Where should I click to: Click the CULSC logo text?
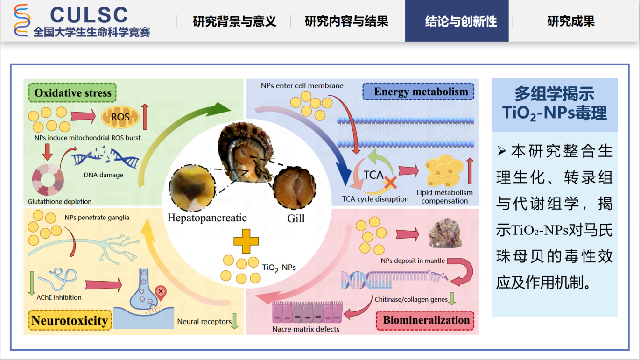(x=89, y=15)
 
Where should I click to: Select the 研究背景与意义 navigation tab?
(x=234, y=21)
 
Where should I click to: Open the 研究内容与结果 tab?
(x=346, y=21)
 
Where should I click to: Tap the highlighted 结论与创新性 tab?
(x=461, y=21)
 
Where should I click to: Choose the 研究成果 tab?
(x=570, y=21)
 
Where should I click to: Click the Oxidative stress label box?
(x=72, y=93)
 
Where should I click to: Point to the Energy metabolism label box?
(x=421, y=92)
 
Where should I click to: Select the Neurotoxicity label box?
(x=70, y=321)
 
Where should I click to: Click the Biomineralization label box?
(x=426, y=320)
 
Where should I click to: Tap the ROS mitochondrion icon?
(x=120, y=117)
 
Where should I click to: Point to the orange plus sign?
(x=246, y=243)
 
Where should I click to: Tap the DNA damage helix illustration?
(x=105, y=159)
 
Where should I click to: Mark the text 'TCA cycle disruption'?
(x=375, y=199)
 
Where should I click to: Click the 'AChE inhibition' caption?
(x=59, y=297)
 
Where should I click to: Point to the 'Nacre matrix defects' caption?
(x=306, y=329)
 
